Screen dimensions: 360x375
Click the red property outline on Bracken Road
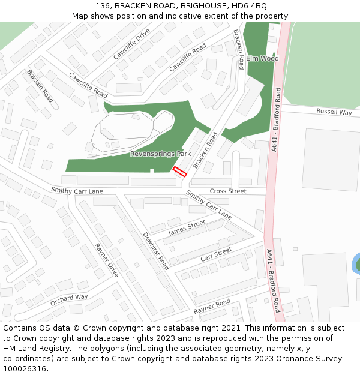click(x=180, y=172)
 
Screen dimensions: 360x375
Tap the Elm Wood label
click(x=262, y=59)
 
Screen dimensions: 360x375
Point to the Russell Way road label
click(x=334, y=112)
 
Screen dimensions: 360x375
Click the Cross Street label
click(x=228, y=191)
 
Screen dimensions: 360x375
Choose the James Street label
click(x=187, y=227)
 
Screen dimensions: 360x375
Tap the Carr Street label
click(x=216, y=254)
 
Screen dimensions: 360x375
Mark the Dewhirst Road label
click(x=155, y=250)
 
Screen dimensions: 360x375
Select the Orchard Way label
click(x=69, y=299)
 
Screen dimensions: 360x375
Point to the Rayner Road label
click(x=211, y=307)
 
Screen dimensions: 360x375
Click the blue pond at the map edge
click(x=356, y=263)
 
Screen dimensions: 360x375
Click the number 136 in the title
click(x=102, y=5)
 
